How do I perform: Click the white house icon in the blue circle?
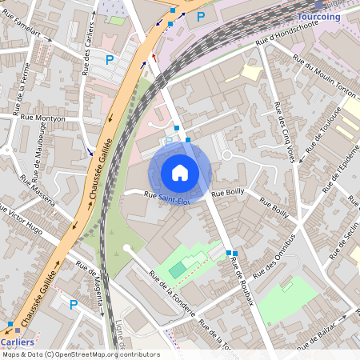pyautogui.click(x=180, y=172)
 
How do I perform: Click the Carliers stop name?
pyautogui.click(x=17, y=342)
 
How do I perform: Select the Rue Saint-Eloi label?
pyautogui.click(x=167, y=195)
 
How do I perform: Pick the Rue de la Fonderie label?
pyautogui.click(x=172, y=293)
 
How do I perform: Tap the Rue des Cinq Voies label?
pyautogui.click(x=285, y=133)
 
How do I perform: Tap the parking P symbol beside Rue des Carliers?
pyautogui.click(x=110, y=58)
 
